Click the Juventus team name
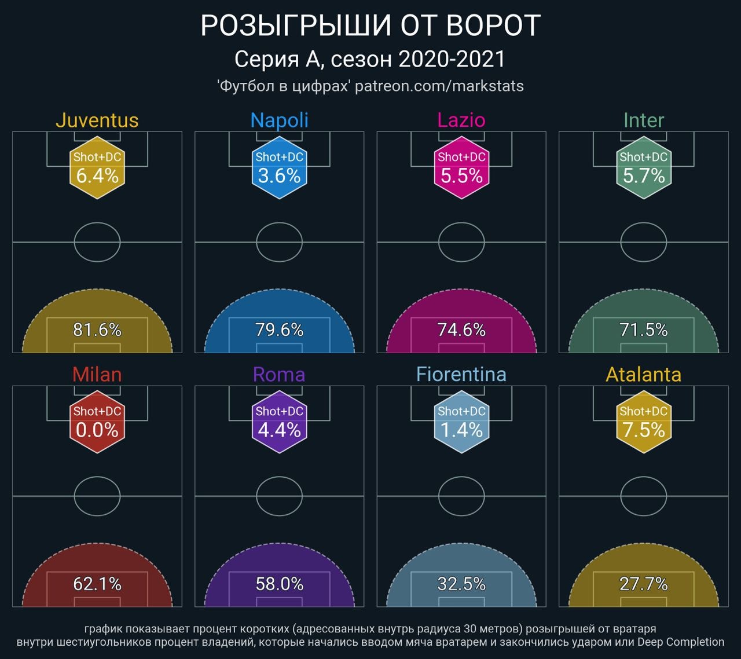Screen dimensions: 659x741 tap(97, 120)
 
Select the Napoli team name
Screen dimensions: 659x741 tap(279, 120)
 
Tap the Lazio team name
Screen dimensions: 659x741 tap(461, 120)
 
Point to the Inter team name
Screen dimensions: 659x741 tap(643, 120)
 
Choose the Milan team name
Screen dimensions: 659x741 tap(97, 375)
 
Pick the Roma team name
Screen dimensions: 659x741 tap(279, 375)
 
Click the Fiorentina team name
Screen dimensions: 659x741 tap(461, 375)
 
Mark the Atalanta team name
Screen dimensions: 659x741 tap(643, 375)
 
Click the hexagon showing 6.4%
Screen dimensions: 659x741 tap(97, 167)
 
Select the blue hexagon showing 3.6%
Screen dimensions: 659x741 tap(279, 167)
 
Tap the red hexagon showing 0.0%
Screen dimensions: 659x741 tap(97, 422)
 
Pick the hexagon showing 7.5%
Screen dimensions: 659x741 tap(643, 422)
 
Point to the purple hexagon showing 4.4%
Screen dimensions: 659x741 tap(279, 422)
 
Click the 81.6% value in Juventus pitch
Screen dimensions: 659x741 tap(97, 330)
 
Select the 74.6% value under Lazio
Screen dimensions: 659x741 tap(461, 330)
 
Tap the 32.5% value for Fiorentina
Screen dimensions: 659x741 tap(461, 584)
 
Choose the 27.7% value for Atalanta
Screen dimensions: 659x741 tap(643, 584)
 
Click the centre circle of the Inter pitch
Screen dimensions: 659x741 tap(643, 242)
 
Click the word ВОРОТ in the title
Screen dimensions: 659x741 tap(494, 26)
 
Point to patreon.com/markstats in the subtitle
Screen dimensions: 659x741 tap(439, 86)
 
